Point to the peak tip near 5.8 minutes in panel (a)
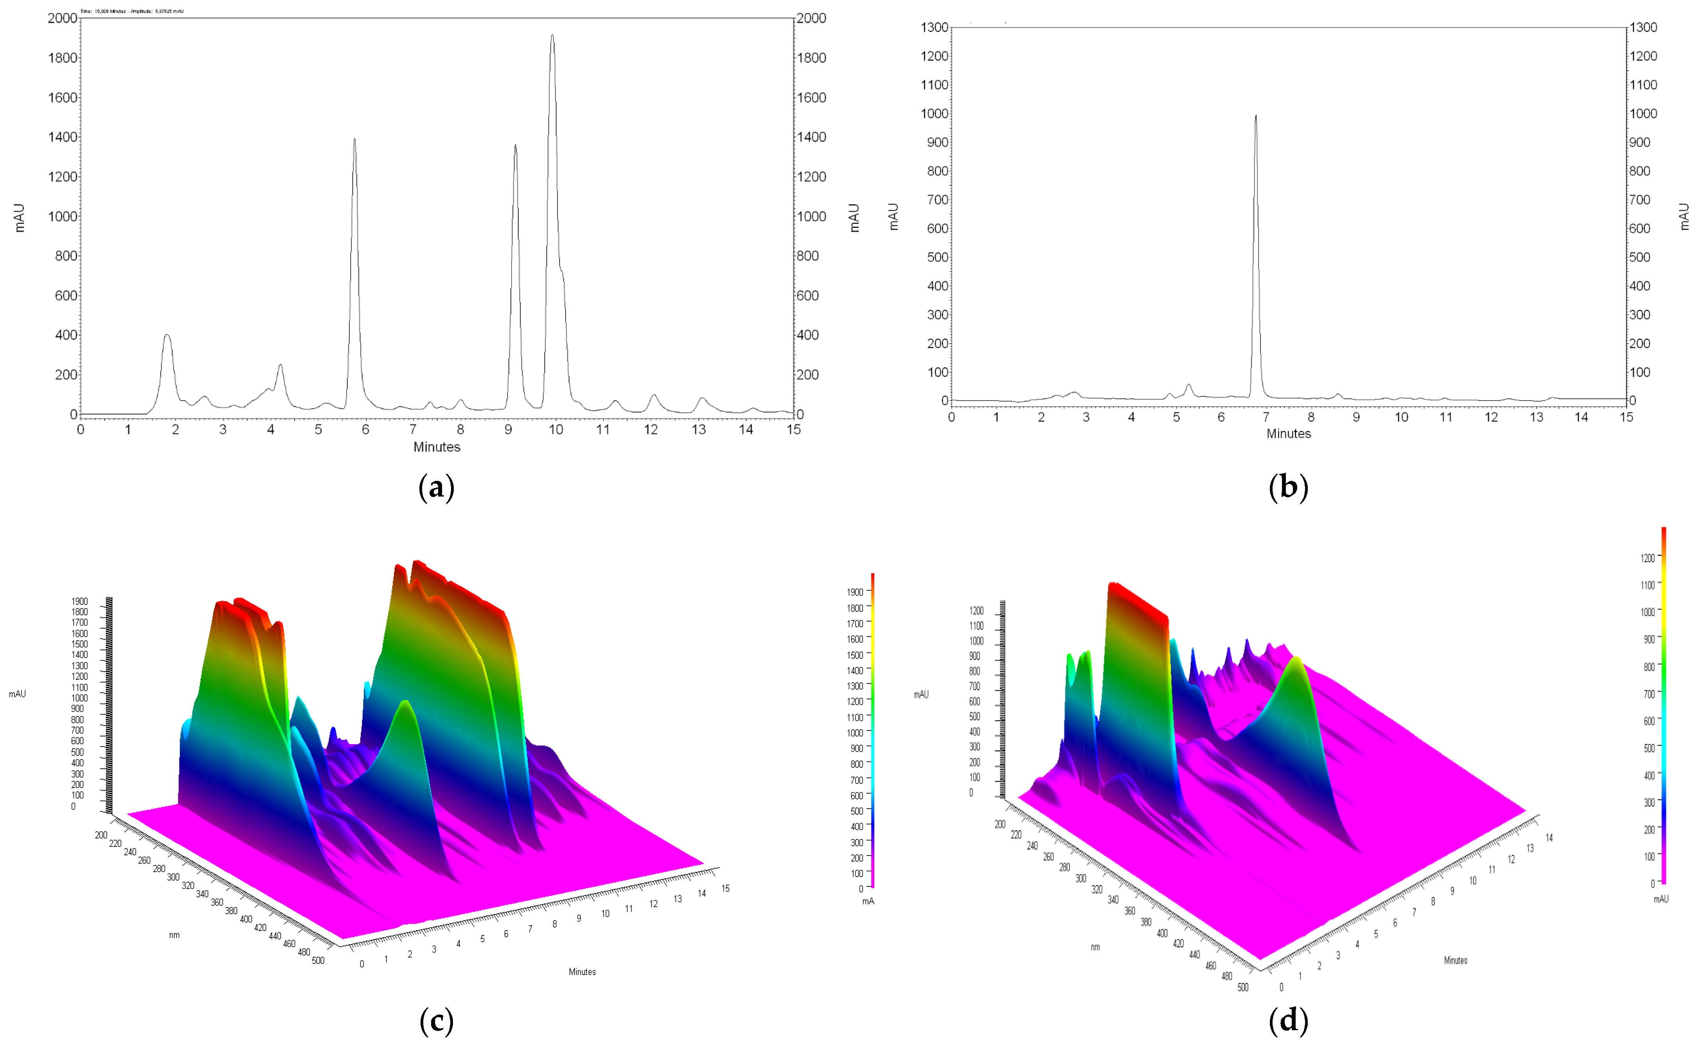355,139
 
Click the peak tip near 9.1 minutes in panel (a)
515,146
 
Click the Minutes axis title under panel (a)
436,447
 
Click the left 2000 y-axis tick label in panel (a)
62,18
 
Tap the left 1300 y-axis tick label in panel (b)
934,28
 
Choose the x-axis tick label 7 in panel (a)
413,430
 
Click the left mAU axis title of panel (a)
20,218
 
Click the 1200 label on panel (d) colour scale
1648,558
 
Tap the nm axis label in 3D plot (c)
174,935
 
